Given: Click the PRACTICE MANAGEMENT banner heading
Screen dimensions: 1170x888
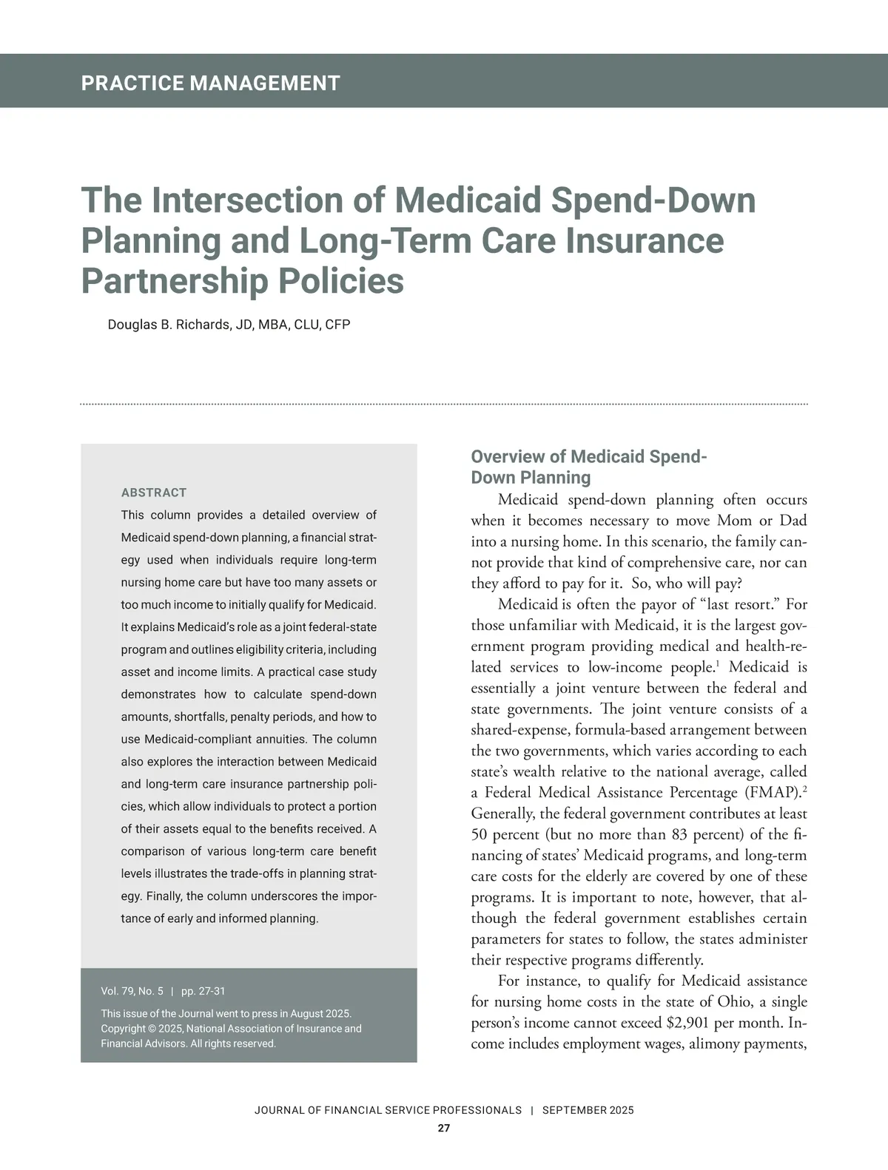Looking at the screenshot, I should (x=210, y=83).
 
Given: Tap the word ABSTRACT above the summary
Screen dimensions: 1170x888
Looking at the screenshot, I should (x=153, y=493).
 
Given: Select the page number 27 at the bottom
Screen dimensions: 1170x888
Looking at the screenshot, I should (x=443, y=1129).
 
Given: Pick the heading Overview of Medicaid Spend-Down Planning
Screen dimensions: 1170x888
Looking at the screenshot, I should (x=589, y=467).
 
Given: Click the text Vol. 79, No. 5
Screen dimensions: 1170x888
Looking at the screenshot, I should (x=132, y=991).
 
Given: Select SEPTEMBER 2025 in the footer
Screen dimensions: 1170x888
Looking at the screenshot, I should (x=588, y=1110).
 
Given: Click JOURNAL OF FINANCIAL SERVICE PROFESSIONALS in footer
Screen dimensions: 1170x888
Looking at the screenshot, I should (x=388, y=1110).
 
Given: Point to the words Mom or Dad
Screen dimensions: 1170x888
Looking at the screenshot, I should (x=762, y=521).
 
